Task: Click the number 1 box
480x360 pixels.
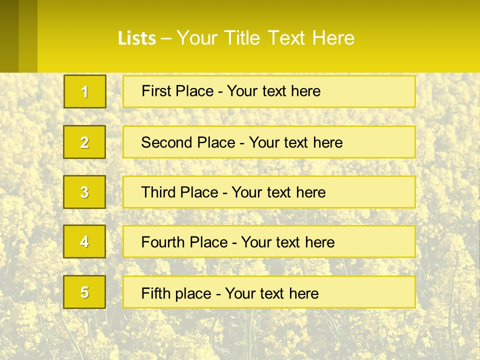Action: tap(85, 91)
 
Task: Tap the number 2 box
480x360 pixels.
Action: tap(84, 142)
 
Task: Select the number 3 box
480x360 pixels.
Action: tap(84, 192)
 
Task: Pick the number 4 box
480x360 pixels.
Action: tap(84, 241)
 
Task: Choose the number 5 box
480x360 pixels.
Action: tap(84, 292)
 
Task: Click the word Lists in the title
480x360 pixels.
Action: tap(137, 38)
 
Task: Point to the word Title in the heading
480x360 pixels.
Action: tap(243, 38)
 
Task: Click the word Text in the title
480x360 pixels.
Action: tap(286, 38)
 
